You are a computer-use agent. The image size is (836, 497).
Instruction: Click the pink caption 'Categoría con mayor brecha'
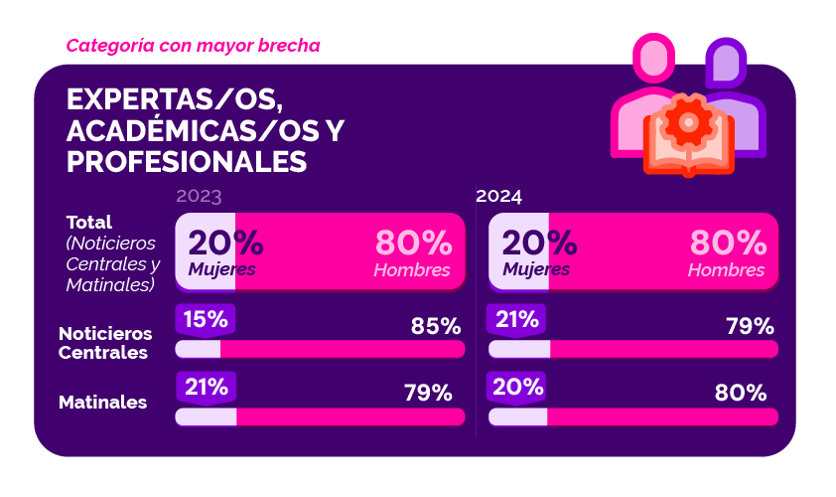click(x=193, y=46)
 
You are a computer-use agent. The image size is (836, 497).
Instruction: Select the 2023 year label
click(x=199, y=196)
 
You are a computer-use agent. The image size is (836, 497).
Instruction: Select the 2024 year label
click(x=498, y=196)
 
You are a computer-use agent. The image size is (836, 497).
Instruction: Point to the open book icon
click(x=688, y=147)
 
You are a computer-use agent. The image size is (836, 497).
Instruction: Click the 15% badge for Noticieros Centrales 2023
click(x=206, y=319)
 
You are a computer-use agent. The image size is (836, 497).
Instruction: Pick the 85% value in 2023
click(x=436, y=326)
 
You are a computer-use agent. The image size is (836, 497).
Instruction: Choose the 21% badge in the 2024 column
click(x=516, y=319)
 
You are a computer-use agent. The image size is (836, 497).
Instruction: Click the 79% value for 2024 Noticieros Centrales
click(x=749, y=326)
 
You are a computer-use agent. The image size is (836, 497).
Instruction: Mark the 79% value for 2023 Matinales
click(x=428, y=393)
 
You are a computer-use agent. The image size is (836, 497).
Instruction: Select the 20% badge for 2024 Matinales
click(x=517, y=386)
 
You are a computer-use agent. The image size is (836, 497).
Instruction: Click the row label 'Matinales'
click(x=103, y=402)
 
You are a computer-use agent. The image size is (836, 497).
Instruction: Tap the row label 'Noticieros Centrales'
click(x=104, y=343)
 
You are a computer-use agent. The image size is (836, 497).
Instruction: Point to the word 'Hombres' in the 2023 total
click(x=412, y=269)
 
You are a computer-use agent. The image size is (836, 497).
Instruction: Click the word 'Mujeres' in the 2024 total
click(x=536, y=269)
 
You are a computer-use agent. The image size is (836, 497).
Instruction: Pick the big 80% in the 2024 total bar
click(x=728, y=243)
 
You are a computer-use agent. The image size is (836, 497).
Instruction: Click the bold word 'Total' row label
click(x=88, y=222)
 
